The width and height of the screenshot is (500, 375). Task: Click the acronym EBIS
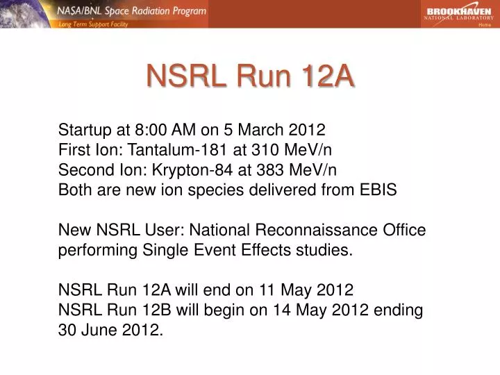(376, 190)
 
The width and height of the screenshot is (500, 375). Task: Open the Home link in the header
(485, 24)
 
